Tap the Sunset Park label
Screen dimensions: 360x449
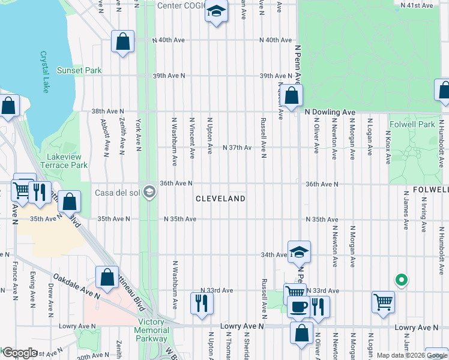pos(79,70)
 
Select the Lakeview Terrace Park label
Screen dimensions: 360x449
pos(64,161)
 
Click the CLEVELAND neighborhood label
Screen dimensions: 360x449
pos(221,199)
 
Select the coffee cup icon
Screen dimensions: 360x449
pos(298,307)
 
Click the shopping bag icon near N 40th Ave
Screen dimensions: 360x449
pos(122,42)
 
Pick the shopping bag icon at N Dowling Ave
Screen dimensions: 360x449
pos(291,95)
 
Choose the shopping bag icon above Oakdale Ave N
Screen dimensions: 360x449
pos(107,277)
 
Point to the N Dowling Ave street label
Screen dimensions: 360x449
pos(330,112)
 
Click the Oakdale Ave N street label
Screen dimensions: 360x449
pos(75,285)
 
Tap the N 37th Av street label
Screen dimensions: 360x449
pos(237,148)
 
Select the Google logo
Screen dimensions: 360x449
pos(19,353)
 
